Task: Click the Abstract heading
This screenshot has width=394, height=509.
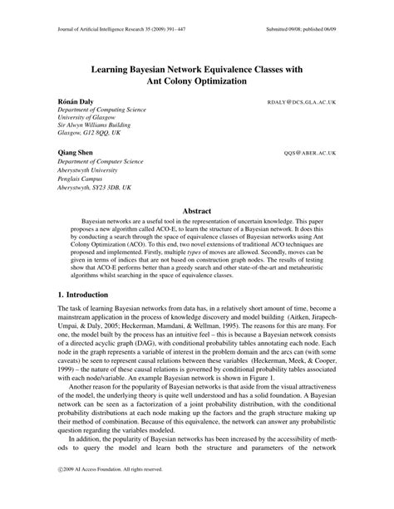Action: [x=197, y=211]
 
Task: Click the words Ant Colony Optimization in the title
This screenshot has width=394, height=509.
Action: [x=196, y=83]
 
